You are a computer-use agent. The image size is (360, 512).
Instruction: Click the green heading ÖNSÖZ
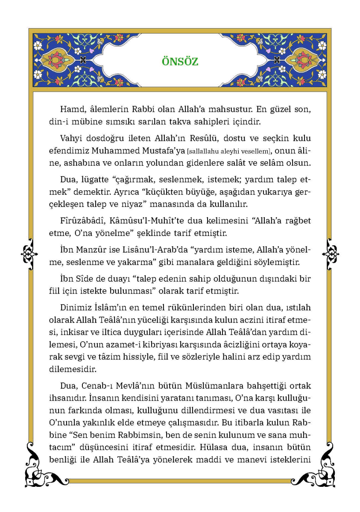point(180,61)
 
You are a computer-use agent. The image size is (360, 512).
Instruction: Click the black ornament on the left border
point(29,253)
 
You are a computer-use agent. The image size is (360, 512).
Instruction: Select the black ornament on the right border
point(330,253)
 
